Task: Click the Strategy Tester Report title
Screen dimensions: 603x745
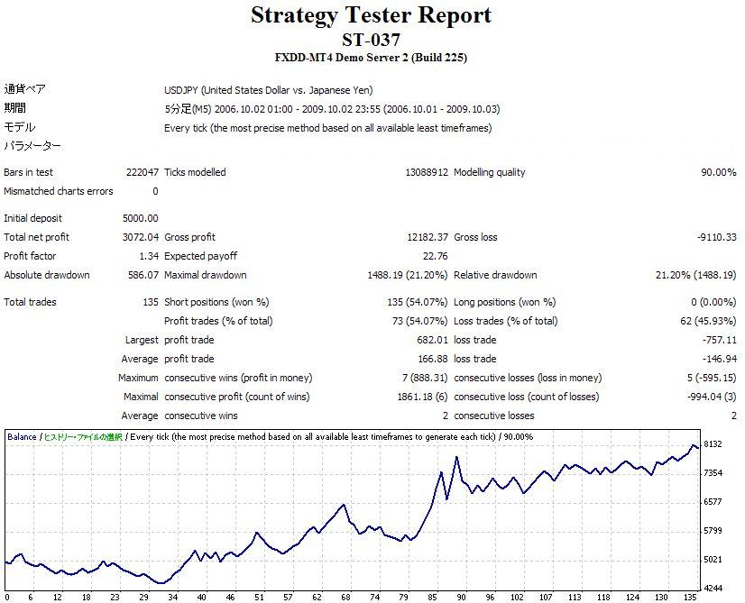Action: point(371,15)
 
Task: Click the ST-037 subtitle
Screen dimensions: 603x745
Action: point(371,40)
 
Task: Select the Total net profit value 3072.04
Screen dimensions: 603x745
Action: point(140,237)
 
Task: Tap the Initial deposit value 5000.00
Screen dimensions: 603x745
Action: point(140,218)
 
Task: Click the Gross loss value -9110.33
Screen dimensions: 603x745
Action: point(716,237)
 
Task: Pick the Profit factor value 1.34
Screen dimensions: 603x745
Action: point(147,256)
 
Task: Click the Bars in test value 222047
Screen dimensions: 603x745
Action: point(143,172)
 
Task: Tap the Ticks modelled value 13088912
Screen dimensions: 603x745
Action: point(426,172)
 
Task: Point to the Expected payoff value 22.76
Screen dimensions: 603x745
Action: point(435,256)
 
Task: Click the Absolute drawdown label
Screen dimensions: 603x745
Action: point(46,275)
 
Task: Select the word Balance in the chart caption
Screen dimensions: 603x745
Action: point(22,436)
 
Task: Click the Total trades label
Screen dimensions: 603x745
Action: point(30,302)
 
